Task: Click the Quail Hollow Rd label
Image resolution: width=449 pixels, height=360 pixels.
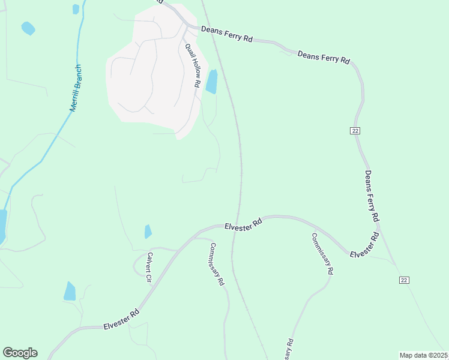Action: pos(191,66)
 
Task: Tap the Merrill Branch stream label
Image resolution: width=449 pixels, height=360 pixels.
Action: pos(76,88)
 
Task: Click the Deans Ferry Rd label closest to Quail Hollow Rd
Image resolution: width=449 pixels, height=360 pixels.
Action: pos(227,34)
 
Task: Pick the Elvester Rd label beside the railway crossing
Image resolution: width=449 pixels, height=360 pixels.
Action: pos(244,223)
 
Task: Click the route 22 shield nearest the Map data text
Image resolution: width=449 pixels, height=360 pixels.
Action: pos(404,280)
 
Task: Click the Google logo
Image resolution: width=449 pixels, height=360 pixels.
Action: pos(20,353)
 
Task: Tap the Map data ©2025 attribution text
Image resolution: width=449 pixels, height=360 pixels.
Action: pos(423,355)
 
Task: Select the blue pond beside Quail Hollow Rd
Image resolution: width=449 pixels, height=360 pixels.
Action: pos(211,82)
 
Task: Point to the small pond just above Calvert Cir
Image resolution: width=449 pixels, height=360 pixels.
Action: pos(148,232)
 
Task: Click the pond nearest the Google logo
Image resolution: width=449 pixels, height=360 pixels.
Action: pos(70,291)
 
